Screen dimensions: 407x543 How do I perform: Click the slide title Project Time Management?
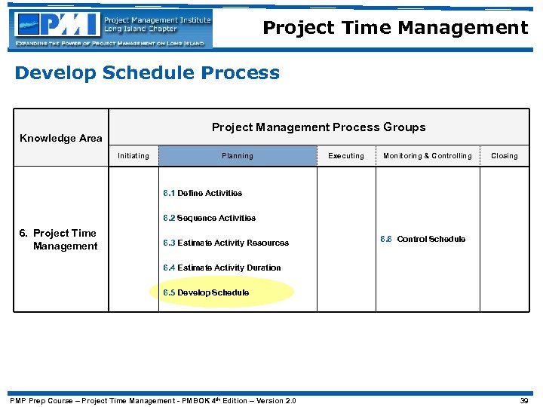pos(395,28)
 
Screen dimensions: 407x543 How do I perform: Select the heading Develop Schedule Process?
pos(147,73)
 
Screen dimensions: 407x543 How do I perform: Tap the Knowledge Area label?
pos(60,138)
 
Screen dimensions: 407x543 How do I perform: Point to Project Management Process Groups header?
pos(318,127)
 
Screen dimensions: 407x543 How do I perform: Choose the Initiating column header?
pos(133,156)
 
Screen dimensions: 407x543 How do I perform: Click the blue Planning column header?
pos(238,156)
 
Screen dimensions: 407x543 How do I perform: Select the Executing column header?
pos(346,156)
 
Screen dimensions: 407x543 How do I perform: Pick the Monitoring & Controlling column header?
pos(428,156)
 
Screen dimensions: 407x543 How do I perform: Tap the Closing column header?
pos(505,156)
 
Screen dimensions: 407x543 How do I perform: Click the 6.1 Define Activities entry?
pos(203,194)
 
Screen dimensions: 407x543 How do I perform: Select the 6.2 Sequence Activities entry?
pos(210,219)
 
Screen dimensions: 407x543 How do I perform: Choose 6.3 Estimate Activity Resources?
pos(226,243)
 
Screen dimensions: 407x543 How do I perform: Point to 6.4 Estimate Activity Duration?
pos(222,268)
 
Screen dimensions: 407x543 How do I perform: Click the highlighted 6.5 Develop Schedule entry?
pos(207,292)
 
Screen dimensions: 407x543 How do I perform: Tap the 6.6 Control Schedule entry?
pos(422,240)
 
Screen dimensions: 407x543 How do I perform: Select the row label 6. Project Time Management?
pos(60,240)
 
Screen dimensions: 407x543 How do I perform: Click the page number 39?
pos(525,400)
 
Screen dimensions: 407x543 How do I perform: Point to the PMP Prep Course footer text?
pos(152,400)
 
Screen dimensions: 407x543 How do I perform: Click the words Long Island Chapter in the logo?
pos(141,29)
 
